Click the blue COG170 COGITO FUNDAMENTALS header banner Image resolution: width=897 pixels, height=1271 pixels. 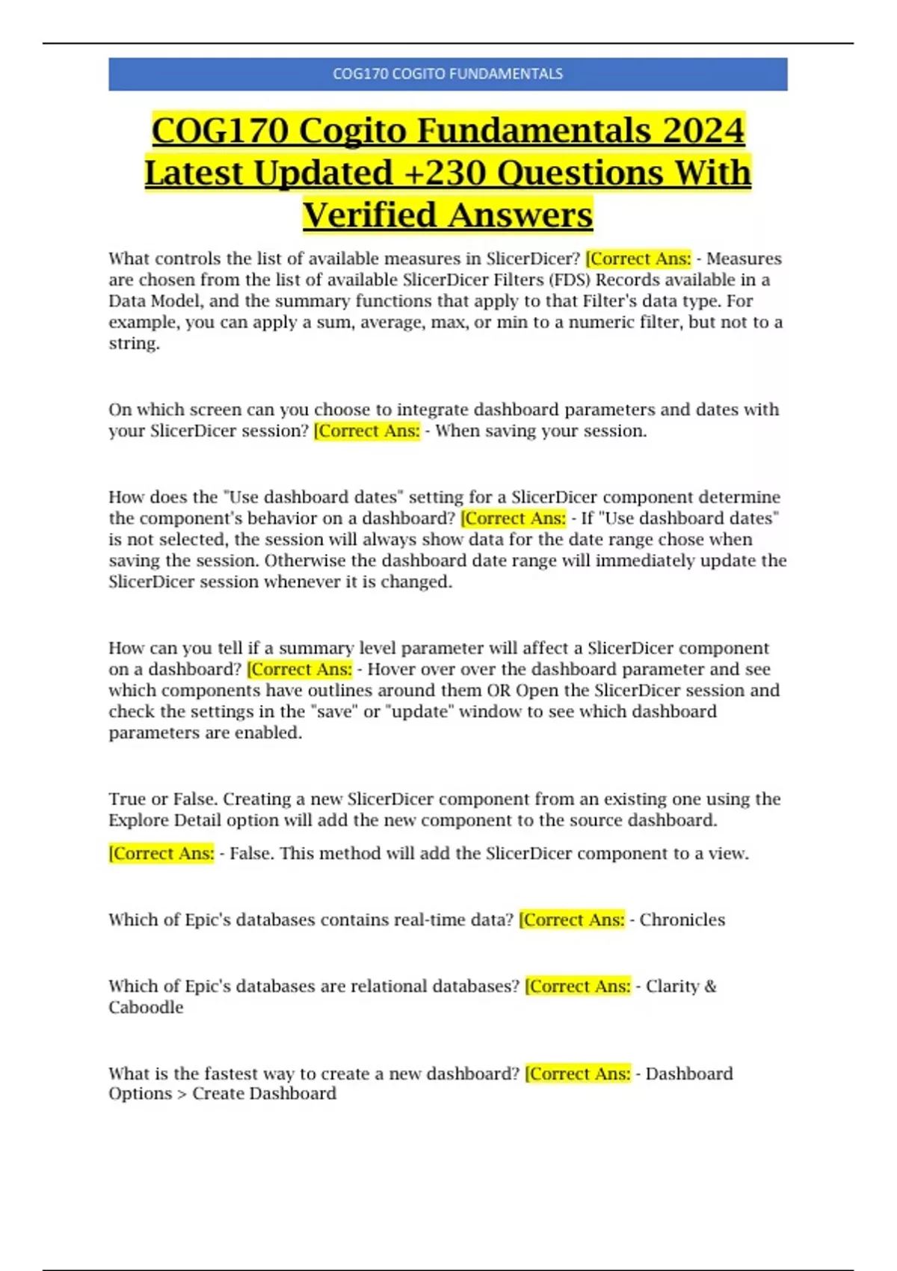click(x=448, y=74)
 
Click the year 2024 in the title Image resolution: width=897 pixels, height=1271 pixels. click(x=703, y=130)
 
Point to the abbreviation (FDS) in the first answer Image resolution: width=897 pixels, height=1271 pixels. click(x=570, y=280)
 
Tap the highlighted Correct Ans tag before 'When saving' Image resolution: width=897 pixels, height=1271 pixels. click(x=367, y=431)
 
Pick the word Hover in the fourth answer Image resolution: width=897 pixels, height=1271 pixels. click(x=389, y=669)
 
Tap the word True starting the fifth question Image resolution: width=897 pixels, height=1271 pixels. click(x=127, y=798)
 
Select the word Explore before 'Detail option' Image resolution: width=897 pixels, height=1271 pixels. click(x=138, y=820)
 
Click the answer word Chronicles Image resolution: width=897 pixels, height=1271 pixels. click(x=682, y=920)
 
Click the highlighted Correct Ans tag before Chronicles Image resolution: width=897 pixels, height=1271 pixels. click(x=572, y=920)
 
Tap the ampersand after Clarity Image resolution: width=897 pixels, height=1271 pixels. click(x=710, y=986)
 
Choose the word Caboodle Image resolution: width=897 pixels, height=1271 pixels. click(x=146, y=1007)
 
